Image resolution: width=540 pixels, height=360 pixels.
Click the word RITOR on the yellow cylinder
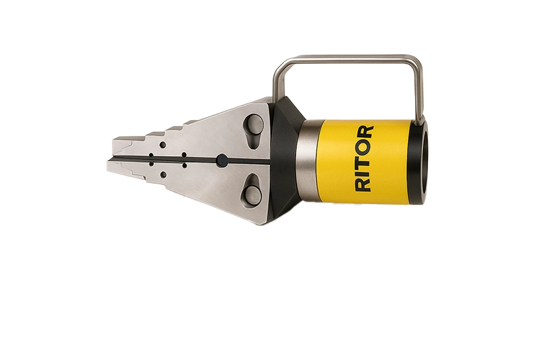click(364, 158)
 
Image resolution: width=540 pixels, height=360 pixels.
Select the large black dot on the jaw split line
click(221, 160)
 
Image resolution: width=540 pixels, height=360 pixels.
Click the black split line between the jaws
click(169, 159)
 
